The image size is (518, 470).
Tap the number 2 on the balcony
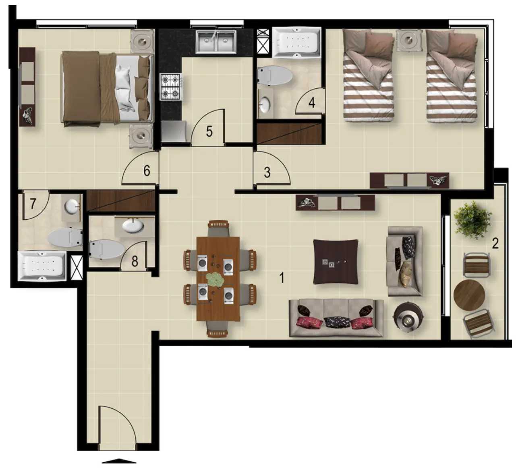coord(495,243)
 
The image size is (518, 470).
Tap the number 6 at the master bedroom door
coord(147,171)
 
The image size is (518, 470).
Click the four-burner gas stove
coord(170,87)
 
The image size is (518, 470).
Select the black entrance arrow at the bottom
coord(119,460)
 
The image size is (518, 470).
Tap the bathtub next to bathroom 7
coord(42,266)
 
